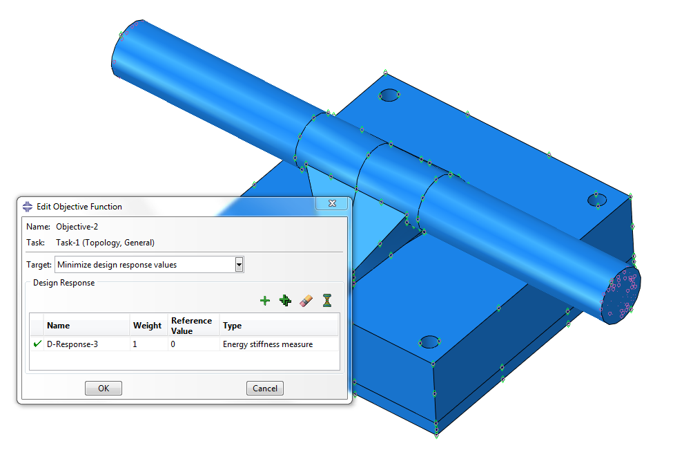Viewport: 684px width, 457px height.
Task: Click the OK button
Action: click(x=104, y=389)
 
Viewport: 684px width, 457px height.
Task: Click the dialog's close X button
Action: click(x=332, y=204)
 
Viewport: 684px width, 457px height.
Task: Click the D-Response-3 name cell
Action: click(x=72, y=344)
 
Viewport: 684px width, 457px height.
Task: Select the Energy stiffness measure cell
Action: click(x=268, y=344)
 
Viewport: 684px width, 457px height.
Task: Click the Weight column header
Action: click(x=147, y=326)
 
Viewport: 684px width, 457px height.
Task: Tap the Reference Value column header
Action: click(x=192, y=326)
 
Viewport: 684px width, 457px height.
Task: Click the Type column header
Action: click(x=233, y=326)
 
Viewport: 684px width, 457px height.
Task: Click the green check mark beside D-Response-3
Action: click(x=37, y=344)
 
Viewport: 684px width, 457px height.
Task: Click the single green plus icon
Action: click(x=264, y=300)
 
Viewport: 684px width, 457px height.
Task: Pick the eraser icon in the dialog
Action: click(x=307, y=300)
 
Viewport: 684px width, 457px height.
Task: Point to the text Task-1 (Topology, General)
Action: click(x=105, y=243)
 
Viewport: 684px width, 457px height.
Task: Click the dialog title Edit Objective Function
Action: click(x=79, y=206)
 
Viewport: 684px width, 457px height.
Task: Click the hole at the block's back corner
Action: click(x=390, y=95)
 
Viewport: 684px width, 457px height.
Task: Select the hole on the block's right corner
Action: click(x=598, y=200)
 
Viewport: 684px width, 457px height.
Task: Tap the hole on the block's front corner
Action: click(x=429, y=342)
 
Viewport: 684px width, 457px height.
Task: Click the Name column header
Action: click(x=59, y=326)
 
